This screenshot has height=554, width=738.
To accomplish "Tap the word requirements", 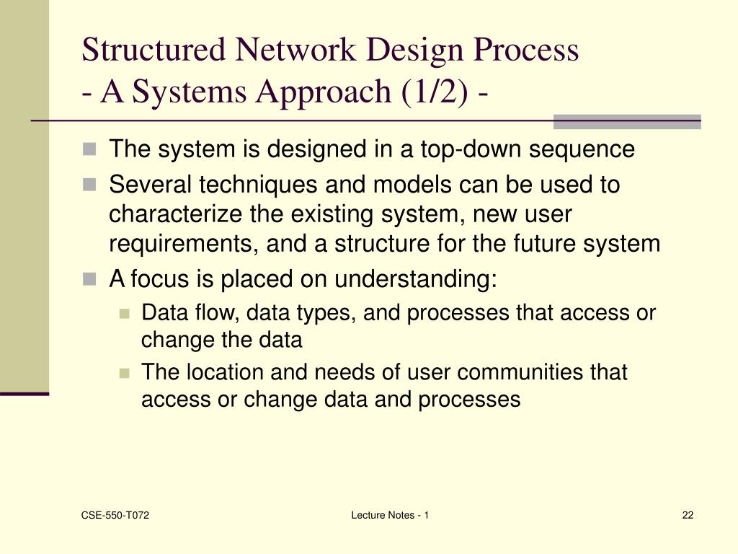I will coord(184,244).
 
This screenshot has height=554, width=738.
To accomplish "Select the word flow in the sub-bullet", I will coord(205,312).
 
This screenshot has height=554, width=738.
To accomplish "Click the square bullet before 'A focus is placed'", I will coord(89,279).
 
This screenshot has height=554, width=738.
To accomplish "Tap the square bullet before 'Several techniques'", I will coord(89,185).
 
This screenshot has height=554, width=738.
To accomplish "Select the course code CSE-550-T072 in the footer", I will coord(110,514).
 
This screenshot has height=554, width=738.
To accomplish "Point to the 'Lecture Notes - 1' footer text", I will coord(390,514).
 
